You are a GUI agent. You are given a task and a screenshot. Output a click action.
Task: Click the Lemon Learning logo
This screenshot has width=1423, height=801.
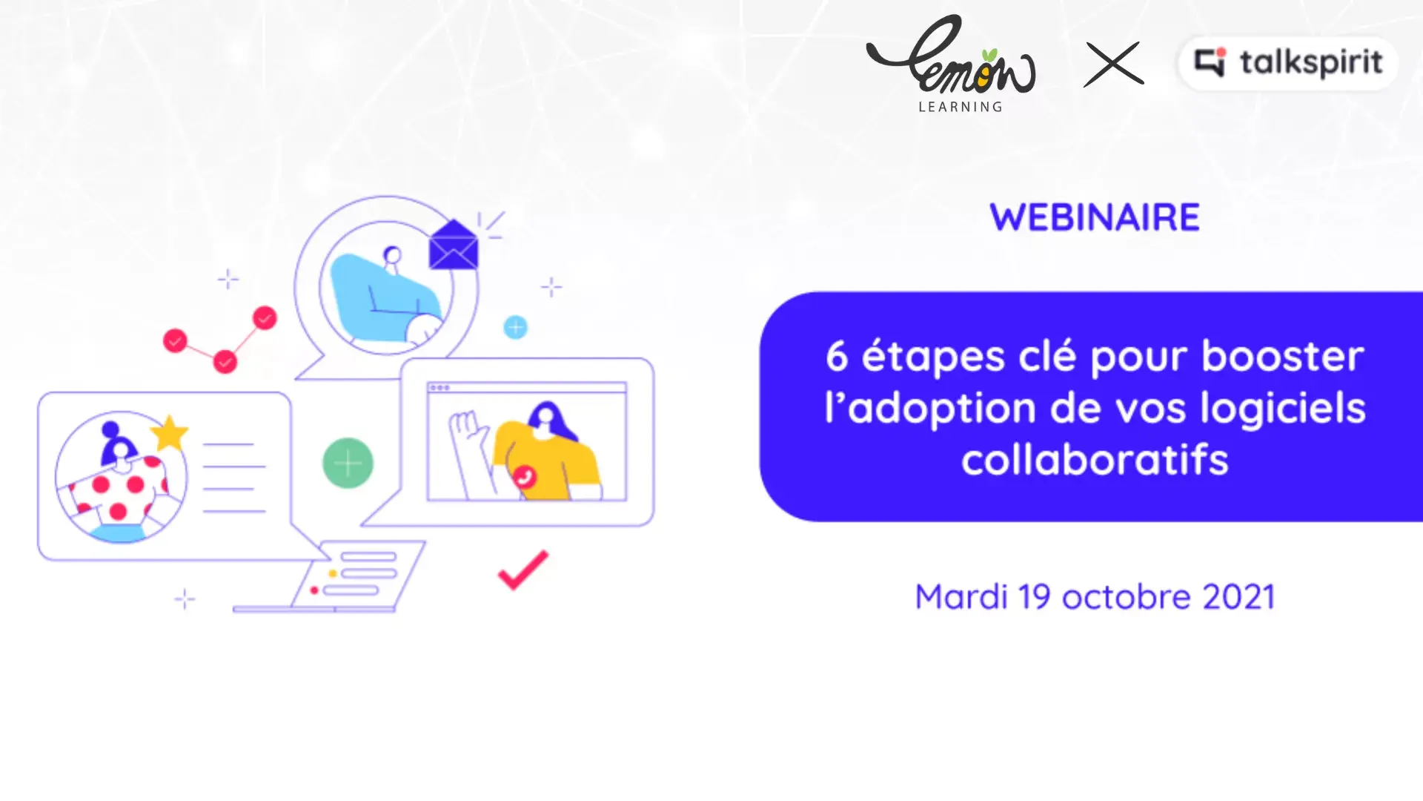[x=952, y=64]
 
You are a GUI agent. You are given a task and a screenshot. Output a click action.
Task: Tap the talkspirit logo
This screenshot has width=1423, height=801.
[x=1288, y=63]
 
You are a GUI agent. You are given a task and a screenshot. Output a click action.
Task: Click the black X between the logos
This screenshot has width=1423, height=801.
[x=1114, y=64]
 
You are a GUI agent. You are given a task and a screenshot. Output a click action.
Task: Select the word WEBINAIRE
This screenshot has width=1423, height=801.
[x=1095, y=217]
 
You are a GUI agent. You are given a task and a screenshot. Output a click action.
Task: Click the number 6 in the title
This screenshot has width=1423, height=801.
[x=837, y=356]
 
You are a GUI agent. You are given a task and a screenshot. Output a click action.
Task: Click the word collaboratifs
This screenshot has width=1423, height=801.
[x=1095, y=459]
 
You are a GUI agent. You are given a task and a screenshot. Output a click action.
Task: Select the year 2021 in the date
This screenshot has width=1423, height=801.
[x=1238, y=597]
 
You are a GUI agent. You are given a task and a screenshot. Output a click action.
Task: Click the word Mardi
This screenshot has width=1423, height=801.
[x=961, y=596]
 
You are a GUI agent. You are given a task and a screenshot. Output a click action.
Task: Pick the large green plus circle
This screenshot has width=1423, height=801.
[x=348, y=464]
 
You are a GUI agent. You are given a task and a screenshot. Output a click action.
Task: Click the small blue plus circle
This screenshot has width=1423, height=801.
[x=515, y=327]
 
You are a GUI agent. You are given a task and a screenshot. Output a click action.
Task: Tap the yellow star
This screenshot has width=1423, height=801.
[x=170, y=432]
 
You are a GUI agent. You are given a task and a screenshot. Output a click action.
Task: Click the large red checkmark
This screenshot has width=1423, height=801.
[x=523, y=570]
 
